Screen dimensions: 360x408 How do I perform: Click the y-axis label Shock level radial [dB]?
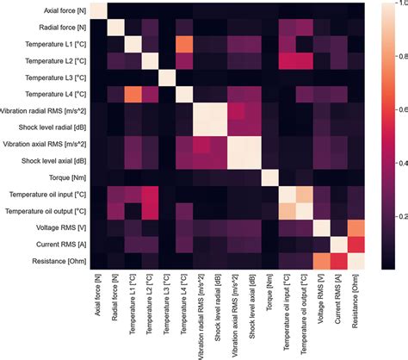pos(48,127)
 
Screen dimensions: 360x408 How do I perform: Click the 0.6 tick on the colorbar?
pos(394,110)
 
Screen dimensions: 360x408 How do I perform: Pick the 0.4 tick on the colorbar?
pos(394,162)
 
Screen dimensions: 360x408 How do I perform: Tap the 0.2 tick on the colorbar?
pos(394,214)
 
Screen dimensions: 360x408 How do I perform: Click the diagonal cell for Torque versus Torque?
pos(269,177)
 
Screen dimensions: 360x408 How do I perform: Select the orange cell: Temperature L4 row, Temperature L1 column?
pos(136,94)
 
